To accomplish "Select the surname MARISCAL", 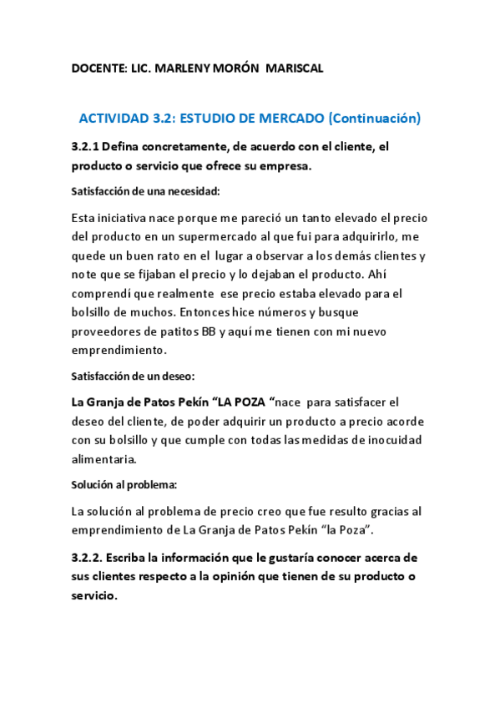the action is click(294, 68).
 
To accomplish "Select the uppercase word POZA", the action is click(251, 401).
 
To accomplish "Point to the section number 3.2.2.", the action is click(88, 558).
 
